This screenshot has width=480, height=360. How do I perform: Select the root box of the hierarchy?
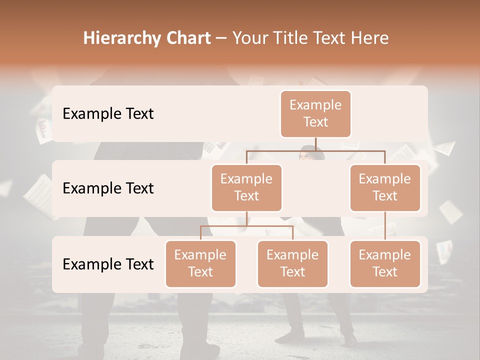pyautogui.click(x=315, y=113)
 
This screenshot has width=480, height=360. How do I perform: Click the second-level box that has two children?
pyautogui.click(x=246, y=187)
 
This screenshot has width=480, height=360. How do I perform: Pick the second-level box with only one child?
pyautogui.click(x=385, y=187)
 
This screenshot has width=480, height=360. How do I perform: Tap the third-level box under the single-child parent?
pyautogui.click(x=385, y=263)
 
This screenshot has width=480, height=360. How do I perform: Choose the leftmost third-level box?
pyautogui.click(x=200, y=263)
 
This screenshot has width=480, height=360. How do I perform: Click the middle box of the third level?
pyautogui.click(x=292, y=263)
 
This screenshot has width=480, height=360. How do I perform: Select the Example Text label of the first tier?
pyautogui.click(x=108, y=114)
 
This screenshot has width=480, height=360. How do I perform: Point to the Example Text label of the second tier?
pyautogui.click(x=108, y=188)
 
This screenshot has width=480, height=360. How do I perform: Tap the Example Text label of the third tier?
pyautogui.click(x=108, y=264)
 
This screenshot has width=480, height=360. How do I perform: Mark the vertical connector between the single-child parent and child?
pyautogui.click(x=385, y=225)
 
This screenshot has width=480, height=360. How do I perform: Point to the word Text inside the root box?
pyautogui.click(x=315, y=122)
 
